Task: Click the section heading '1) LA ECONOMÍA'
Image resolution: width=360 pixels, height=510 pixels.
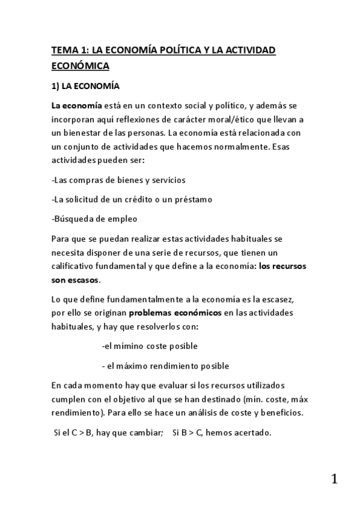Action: pyautogui.click(x=85, y=85)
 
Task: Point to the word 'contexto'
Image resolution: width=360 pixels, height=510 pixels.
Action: pyautogui.click(x=154, y=106)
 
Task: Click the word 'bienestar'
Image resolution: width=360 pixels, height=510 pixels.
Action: pyautogui.click(x=86, y=132)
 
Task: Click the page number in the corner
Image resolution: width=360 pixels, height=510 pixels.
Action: pyautogui.click(x=334, y=479)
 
